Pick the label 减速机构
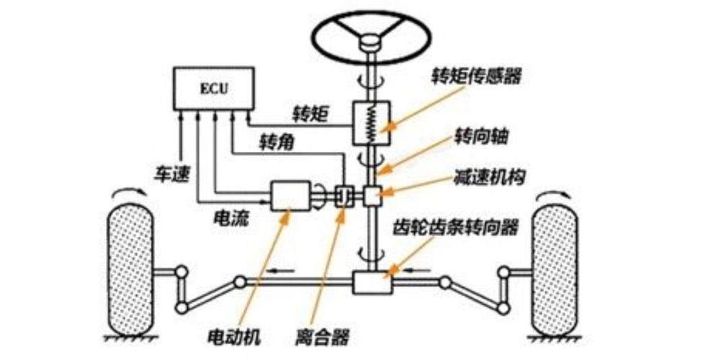click(481, 176)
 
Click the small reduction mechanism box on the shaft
click(372, 195)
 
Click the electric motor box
click(290, 196)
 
